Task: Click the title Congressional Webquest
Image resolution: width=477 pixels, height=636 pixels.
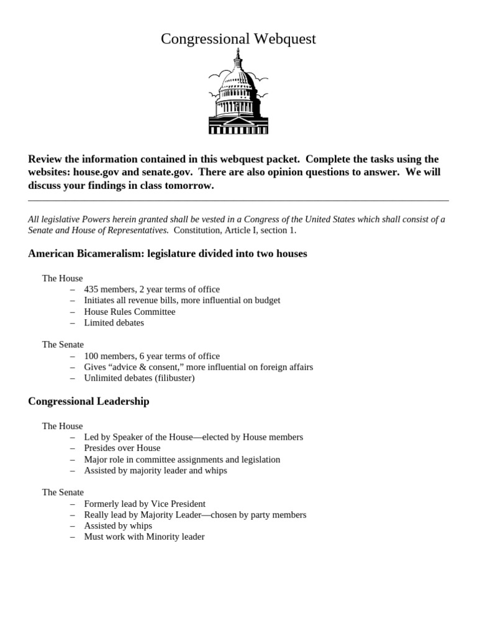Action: tap(238, 39)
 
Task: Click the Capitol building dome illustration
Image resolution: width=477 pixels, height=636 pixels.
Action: tap(238, 93)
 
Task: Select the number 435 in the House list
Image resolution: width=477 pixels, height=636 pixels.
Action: tap(92, 289)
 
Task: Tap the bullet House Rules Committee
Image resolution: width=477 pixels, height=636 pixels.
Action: tap(130, 312)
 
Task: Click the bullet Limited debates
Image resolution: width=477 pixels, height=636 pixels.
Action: tap(114, 323)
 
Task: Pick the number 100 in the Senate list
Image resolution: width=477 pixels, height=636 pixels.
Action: tap(92, 357)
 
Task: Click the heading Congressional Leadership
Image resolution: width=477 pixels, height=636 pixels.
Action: tap(89, 402)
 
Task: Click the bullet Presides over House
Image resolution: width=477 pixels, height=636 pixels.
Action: tap(122, 448)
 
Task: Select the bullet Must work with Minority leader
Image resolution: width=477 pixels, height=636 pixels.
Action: tap(144, 537)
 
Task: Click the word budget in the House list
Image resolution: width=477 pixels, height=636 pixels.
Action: tap(265, 301)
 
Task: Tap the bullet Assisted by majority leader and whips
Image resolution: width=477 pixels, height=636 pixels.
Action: tap(155, 471)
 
